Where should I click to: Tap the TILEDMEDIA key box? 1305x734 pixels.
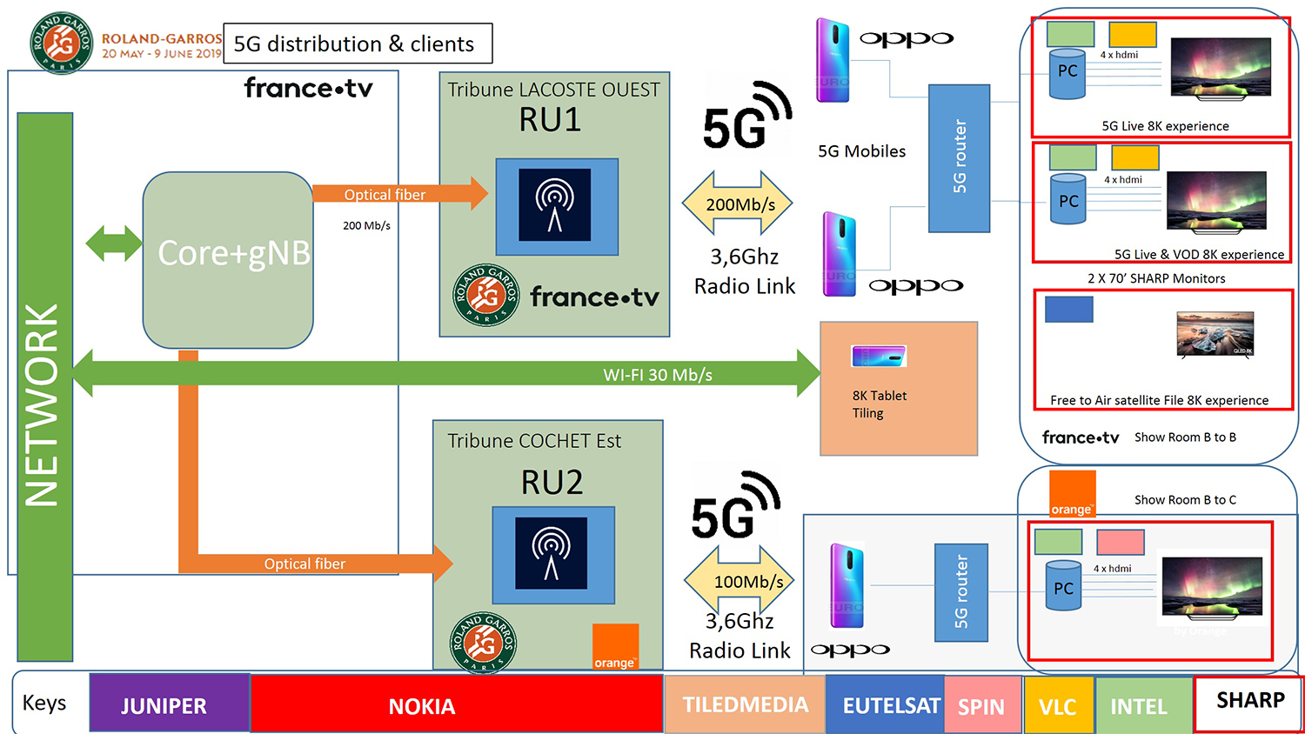(745, 704)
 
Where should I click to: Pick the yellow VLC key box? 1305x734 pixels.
(1058, 705)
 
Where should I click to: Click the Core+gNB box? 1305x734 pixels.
(228, 259)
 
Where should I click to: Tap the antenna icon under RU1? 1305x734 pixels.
(555, 205)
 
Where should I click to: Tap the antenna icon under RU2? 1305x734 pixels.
(551, 554)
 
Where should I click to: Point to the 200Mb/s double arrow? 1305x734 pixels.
(738, 204)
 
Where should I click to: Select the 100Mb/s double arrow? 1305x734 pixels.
(739, 580)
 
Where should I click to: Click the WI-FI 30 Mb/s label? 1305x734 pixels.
(658, 375)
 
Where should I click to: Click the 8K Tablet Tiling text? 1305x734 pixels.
(880, 404)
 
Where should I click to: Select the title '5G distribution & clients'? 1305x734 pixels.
(355, 43)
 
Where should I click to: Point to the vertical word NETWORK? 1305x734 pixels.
(42, 404)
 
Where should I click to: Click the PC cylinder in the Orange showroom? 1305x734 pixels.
(1063, 589)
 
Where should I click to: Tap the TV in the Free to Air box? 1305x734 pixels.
(1215, 333)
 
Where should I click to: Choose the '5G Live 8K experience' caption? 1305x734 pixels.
(1165, 126)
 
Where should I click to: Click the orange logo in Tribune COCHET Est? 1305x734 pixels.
(615, 646)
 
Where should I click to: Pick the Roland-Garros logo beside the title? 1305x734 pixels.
(61, 42)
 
